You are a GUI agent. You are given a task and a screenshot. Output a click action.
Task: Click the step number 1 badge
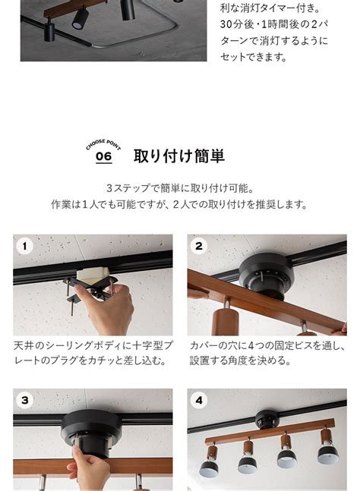pyautogui.click(x=24, y=246)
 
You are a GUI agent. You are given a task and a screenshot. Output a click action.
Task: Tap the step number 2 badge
pyautogui.click(x=199, y=246)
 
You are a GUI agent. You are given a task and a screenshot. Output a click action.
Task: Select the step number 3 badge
pyautogui.click(x=24, y=401)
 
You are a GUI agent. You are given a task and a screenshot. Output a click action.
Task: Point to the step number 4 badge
pyautogui.click(x=199, y=401)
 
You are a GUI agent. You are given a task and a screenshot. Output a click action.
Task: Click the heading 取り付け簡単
pyautogui.click(x=178, y=156)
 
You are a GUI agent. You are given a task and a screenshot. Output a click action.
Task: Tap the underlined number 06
pyautogui.click(x=103, y=157)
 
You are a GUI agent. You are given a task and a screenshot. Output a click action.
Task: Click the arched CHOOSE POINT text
pyautogui.click(x=103, y=143)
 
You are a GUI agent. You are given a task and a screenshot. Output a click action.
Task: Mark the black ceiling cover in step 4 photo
pyautogui.click(x=267, y=418)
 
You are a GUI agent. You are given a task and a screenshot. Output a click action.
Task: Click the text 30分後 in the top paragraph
pyautogui.click(x=238, y=24)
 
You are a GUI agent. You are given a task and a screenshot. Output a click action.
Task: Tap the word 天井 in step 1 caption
pyautogui.click(x=23, y=345)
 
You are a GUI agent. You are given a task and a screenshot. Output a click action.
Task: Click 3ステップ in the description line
pyautogui.click(x=131, y=187)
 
